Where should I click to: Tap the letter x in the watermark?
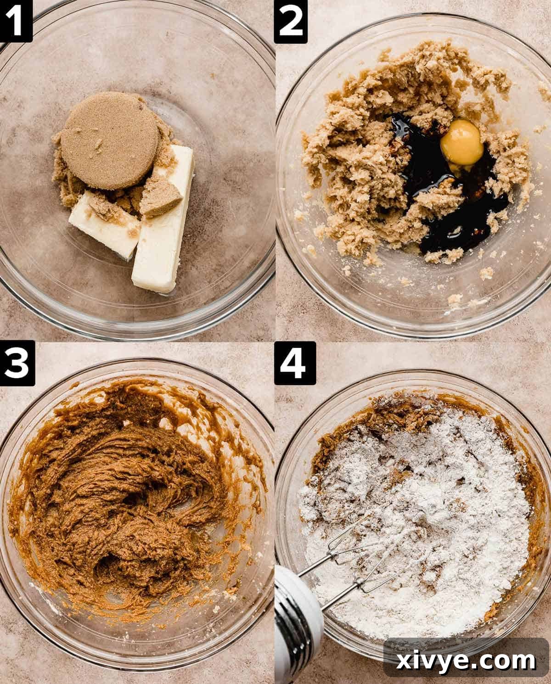pyautogui.click(x=403, y=662)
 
